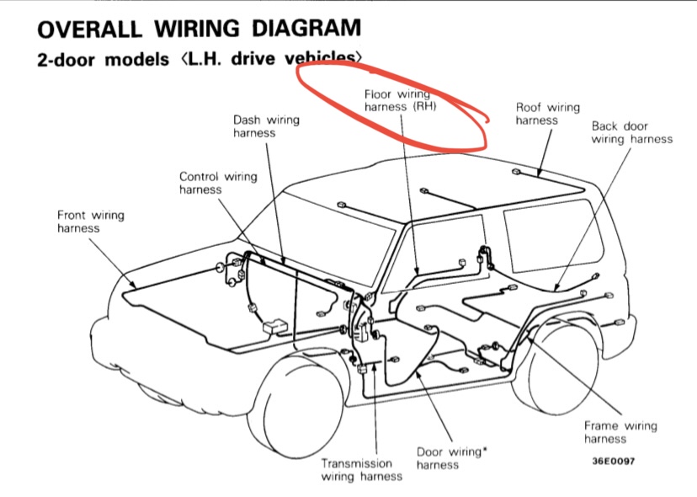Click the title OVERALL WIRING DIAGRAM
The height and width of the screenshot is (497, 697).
pyautogui.click(x=200, y=29)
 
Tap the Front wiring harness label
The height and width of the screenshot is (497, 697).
pyautogui.click(x=90, y=222)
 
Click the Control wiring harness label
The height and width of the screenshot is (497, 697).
pyautogui.click(x=218, y=183)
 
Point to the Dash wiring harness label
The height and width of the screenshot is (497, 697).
pyautogui.click(x=266, y=126)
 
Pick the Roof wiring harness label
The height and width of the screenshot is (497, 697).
pyautogui.click(x=547, y=114)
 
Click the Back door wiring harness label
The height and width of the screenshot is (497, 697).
pyautogui.click(x=631, y=132)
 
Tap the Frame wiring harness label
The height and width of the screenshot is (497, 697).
pyautogui.click(x=620, y=432)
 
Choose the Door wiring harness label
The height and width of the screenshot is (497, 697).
pyautogui.click(x=451, y=458)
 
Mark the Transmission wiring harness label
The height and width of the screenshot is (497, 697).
pyautogui.click(x=361, y=470)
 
